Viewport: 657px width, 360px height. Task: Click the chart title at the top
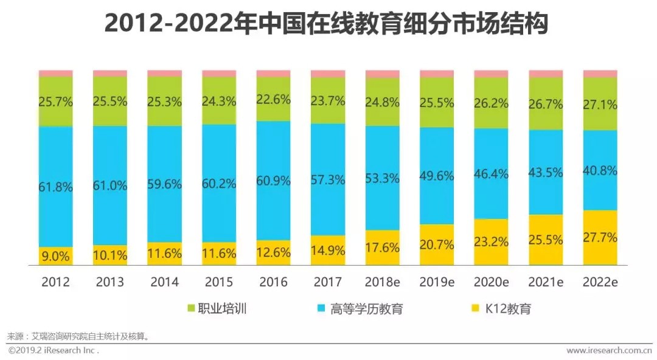[x=328, y=24]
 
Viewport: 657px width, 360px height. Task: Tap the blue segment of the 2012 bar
[x=56, y=158]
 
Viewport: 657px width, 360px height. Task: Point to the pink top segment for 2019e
[x=437, y=74]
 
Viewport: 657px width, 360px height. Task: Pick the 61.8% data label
[x=56, y=187]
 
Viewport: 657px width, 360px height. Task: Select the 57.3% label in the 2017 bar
[x=328, y=180]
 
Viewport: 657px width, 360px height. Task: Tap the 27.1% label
[x=600, y=104]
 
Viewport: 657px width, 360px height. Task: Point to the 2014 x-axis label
[x=164, y=282]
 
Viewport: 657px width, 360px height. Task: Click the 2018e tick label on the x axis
[x=383, y=282]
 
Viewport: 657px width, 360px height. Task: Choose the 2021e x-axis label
[x=546, y=282]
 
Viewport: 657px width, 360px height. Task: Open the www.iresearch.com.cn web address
[x=608, y=351]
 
